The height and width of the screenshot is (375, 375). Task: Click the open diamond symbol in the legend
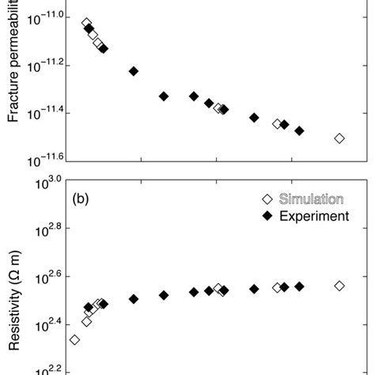267,199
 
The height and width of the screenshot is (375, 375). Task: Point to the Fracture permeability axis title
14,63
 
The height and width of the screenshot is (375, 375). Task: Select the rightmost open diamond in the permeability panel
339,138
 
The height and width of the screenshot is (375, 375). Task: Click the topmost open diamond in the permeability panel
86,23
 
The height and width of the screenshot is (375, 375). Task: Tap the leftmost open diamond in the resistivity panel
74,339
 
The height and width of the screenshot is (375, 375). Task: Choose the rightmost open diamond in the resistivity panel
339,286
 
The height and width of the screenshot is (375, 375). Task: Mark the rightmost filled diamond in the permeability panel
299,131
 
